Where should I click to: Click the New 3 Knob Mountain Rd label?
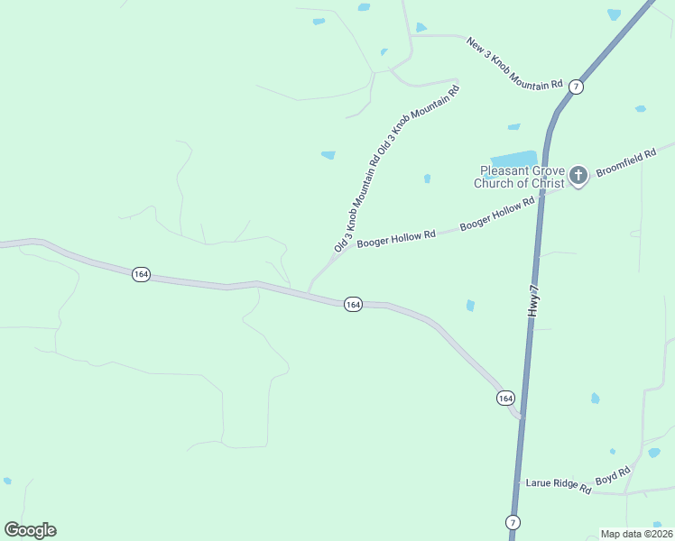coord(513,63)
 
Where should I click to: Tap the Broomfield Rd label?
coord(624,161)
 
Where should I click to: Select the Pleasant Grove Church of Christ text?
coord(522,177)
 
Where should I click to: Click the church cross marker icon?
coord(578,176)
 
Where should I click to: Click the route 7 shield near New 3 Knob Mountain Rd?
coord(577,87)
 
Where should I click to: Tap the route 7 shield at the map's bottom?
coord(513,522)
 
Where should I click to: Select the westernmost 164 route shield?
coord(140,274)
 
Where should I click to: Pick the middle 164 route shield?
coord(353,305)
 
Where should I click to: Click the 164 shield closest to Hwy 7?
coord(505,398)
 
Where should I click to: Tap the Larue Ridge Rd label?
coord(558,486)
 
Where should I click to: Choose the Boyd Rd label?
coord(613,475)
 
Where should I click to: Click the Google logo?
coord(30,530)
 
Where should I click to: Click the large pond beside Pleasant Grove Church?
coord(513,159)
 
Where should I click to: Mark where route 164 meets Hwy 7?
coord(521,417)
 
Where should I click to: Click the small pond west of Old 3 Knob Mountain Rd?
coord(328,155)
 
